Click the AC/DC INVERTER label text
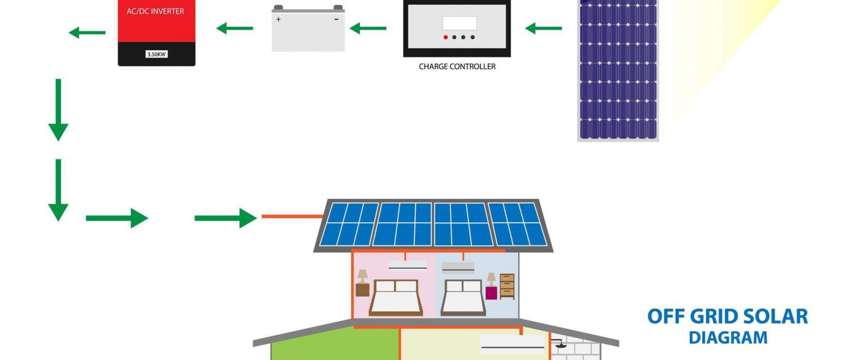click(155, 11)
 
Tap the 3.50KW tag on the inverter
click(157, 54)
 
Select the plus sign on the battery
click(279, 19)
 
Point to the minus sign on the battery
click(337, 19)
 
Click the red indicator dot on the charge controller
click(445, 37)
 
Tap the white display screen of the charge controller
click(459, 23)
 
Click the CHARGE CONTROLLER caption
click(457, 66)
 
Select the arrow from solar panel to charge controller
click(544, 28)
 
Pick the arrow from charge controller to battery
click(368, 28)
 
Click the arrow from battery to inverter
click(234, 28)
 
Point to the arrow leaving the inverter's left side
click(87, 33)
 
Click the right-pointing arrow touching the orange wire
click(226, 218)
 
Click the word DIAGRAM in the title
click(728, 338)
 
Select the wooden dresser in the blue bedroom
click(507, 286)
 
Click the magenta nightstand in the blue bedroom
click(491, 293)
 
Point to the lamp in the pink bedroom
click(362, 276)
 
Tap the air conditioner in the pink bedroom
click(407, 265)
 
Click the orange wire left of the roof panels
click(293, 217)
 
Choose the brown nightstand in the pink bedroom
click(362, 290)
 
